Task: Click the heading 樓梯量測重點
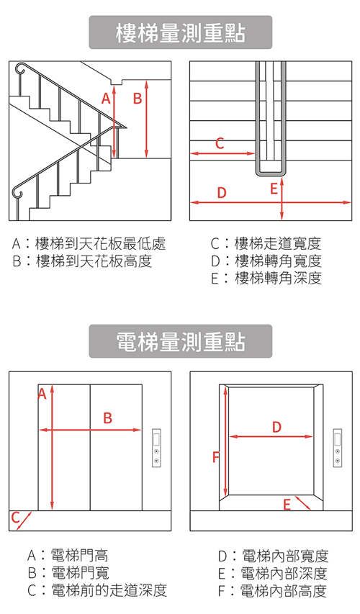point(180,33)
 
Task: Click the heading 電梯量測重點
point(180,342)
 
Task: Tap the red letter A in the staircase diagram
point(106,98)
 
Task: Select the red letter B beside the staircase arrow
point(137,98)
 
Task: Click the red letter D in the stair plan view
point(222,192)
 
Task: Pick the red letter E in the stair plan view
point(274,189)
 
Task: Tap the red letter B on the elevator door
point(107,417)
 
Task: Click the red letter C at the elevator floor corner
point(15,517)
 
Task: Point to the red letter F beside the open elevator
point(215,456)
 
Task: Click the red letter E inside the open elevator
point(287,505)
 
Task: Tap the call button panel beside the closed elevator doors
point(157,448)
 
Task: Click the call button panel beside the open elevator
point(338,448)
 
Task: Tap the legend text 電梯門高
point(70,556)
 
